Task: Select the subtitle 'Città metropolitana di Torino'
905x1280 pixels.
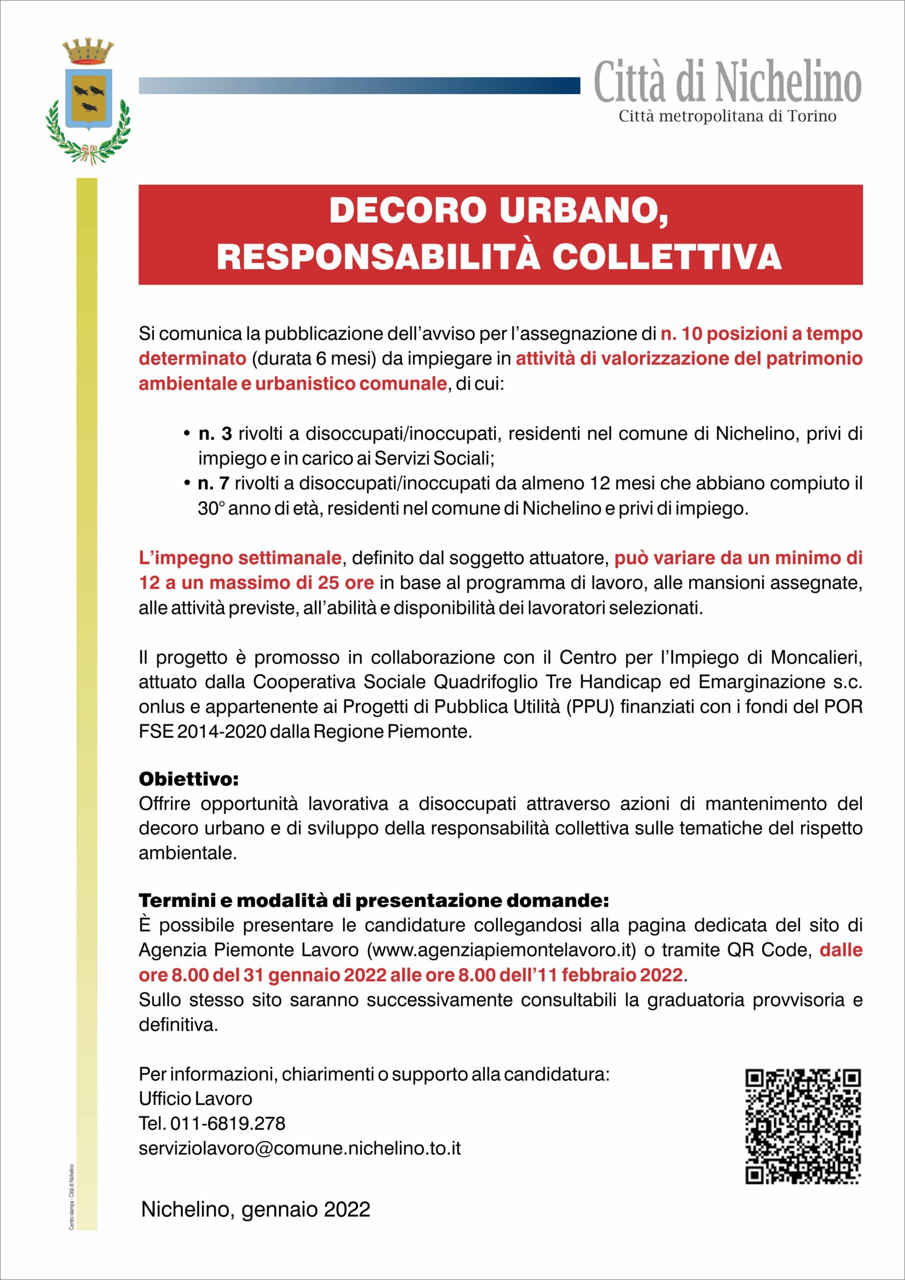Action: [727, 116]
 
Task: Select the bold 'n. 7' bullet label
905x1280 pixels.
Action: [213, 483]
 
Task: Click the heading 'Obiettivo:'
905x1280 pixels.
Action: [188, 779]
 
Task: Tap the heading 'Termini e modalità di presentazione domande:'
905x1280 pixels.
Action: [373, 900]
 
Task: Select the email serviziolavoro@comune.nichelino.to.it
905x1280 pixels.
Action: [300, 1148]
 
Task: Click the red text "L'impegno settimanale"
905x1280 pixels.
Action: [240, 557]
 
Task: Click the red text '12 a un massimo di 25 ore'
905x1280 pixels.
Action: [256, 582]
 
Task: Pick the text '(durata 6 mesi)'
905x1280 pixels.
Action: [314, 358]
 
